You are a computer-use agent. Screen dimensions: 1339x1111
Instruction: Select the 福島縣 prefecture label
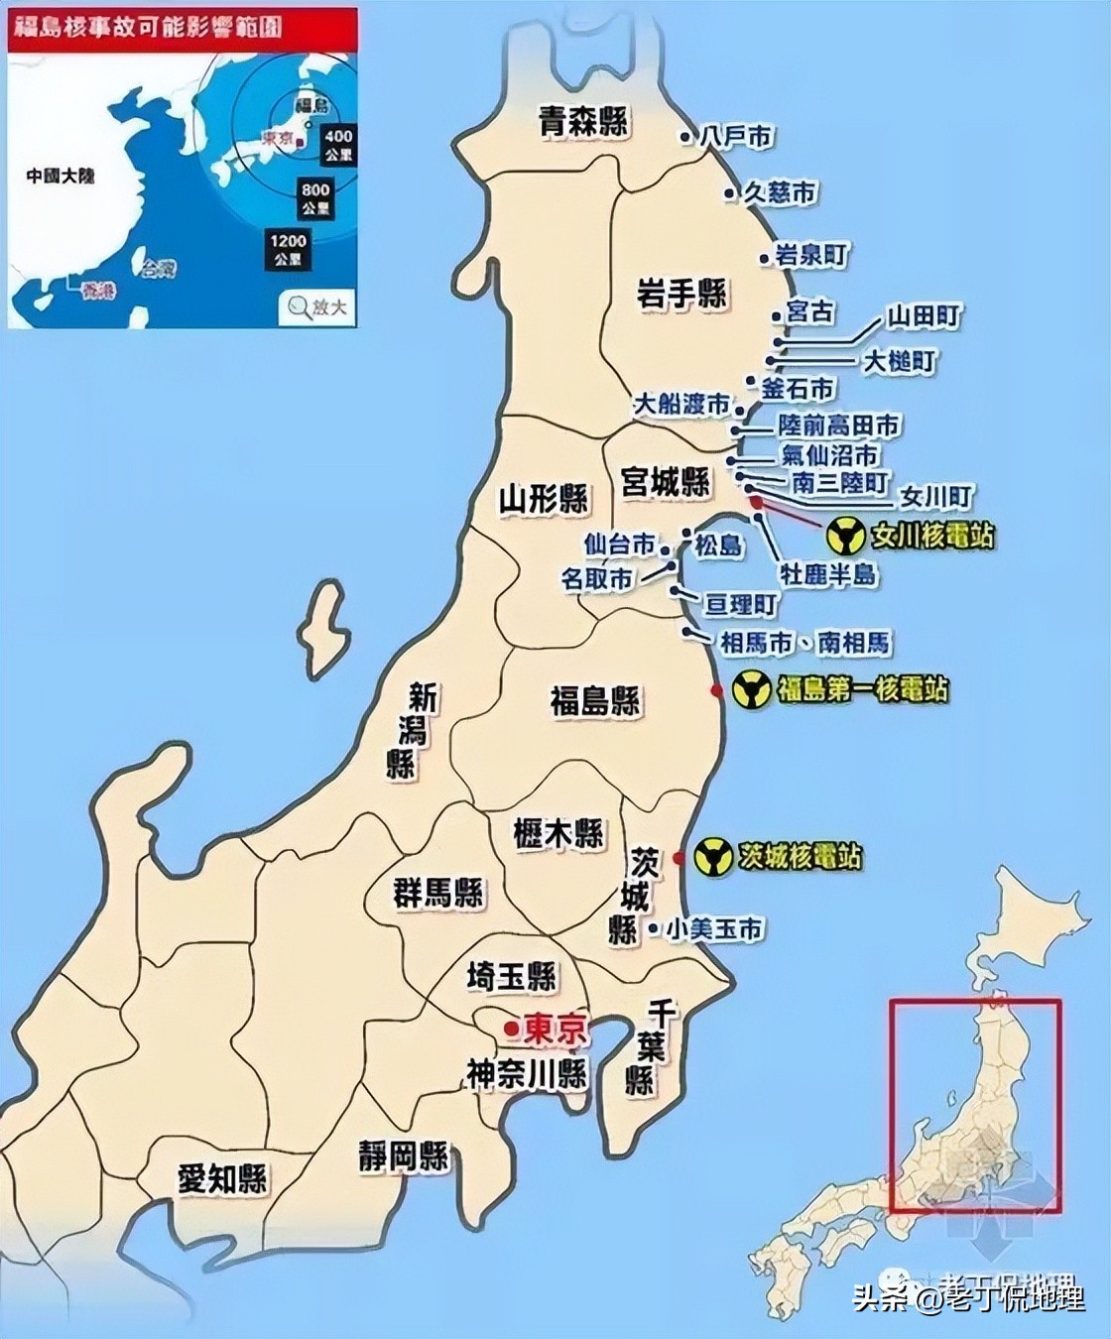[595, 700]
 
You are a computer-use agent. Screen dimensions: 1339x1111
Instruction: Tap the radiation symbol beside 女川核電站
[845, 537]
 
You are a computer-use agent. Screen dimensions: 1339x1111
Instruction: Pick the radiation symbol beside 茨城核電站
[713, 857]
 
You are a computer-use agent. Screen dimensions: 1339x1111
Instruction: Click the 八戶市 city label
[735, 136]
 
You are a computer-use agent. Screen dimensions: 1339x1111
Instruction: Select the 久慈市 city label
[781, 192]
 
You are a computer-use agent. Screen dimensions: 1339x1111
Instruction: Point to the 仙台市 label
[620, 545]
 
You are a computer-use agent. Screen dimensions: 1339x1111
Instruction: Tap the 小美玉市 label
[714, 928]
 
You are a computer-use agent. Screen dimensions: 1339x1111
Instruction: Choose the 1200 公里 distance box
[288, 249]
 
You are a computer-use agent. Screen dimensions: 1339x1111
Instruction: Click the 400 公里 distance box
[338, 144]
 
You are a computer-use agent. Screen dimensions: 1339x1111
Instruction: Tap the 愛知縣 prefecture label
[222, 1178]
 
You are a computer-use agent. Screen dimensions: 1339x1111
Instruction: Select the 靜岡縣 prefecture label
[403, 1156]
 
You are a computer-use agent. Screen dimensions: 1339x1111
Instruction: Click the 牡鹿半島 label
[828, 573]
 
